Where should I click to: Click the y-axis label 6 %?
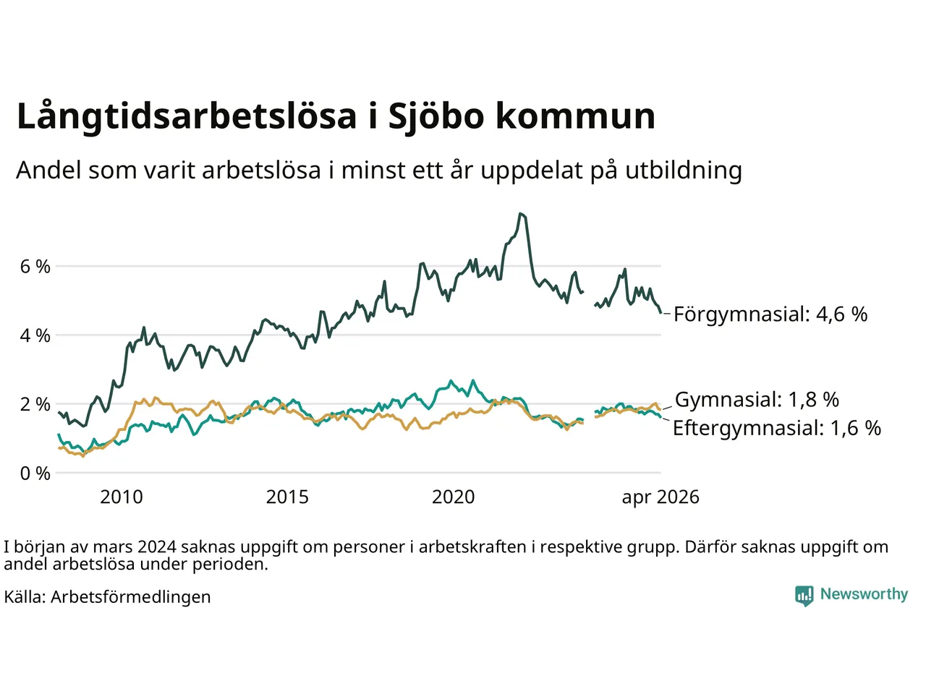[35, 266]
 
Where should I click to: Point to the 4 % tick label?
[35, 336]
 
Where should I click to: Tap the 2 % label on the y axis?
[35, 405]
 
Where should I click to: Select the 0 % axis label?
[35, 474]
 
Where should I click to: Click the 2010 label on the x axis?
[122, 497]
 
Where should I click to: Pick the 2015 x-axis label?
[287, 497]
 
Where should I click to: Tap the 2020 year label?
[453, 497]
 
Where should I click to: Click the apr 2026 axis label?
[660, 498]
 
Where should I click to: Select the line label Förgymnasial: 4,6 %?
[770, 314]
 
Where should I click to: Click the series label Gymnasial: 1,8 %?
[757, 400]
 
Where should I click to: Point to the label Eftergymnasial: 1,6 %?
[777, 428]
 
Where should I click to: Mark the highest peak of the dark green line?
[521, 214]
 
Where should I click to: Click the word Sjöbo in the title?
[436, 116]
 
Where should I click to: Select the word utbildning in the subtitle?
[684, 170]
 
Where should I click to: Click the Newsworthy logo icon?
[804, 596]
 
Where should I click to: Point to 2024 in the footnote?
[156, 547]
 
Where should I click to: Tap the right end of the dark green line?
[660, 312]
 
